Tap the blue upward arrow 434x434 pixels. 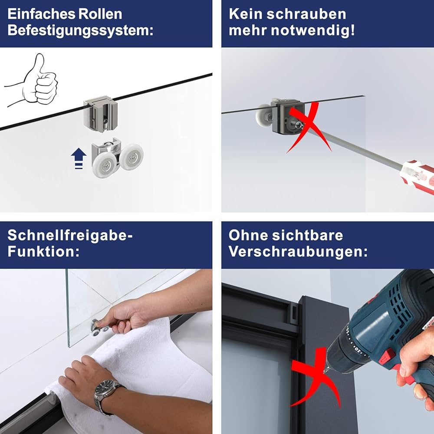click(x=79, y=158)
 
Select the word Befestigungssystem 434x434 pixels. click(x=80, y=30)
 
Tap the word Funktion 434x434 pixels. click(x=43, y=252)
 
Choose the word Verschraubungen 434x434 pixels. click(x=298, y=252)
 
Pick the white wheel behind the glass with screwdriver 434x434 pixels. click(x=263, y=117)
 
